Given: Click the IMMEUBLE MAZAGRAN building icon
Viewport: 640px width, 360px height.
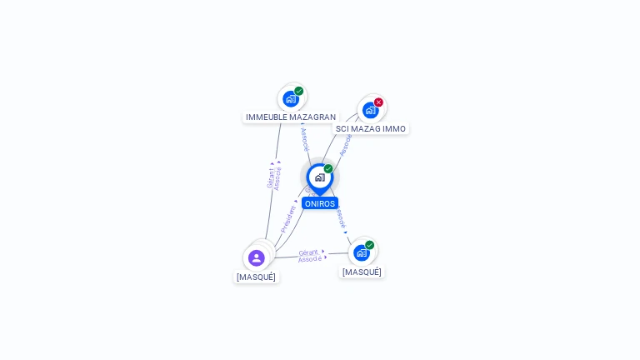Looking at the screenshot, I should click(290, 99).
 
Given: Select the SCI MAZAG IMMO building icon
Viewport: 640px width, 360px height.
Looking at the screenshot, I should click(370, 110).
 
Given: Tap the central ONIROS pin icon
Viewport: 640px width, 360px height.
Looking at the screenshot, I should click(319, 177).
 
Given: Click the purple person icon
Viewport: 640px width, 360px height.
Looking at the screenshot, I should click(256, 257).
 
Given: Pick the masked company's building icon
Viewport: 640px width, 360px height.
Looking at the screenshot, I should click(361, 252).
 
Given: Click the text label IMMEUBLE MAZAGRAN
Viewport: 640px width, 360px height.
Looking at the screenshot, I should click(291, 117).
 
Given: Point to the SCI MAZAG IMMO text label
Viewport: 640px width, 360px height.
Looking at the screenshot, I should click(371, 129).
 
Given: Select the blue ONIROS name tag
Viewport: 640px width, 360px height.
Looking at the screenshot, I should click(320, 203).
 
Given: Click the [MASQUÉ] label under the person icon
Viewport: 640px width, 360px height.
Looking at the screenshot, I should click(256, 277).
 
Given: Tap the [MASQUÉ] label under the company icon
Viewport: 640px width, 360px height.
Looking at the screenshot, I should click(362, 272).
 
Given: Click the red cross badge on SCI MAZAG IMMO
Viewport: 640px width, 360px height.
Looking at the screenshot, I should click(378, 102).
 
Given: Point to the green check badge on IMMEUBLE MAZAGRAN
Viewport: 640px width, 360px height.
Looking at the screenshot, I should click(298, 91).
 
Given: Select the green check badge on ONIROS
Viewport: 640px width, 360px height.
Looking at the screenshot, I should click(328, 168).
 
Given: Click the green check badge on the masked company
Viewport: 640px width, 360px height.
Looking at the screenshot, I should click(369, 245).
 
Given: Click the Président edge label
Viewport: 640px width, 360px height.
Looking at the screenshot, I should click(288, 218).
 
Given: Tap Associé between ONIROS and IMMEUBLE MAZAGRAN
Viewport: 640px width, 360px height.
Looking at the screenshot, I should click(304, 139).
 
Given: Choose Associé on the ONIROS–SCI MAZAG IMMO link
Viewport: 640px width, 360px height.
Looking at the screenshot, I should click(346, 144).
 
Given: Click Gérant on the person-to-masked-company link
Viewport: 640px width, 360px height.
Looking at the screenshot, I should click(308, 252).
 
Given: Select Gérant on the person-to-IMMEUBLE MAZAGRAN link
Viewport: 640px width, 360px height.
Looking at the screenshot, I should click(270, 177).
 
